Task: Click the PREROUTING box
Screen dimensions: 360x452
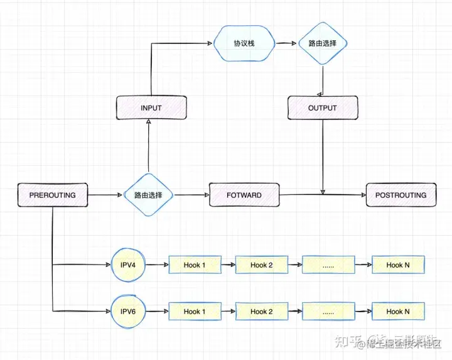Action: [52, 195]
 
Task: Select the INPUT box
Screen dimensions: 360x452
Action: [151, 107]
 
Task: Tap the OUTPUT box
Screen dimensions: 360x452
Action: [323, 107]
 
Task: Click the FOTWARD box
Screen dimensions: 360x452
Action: [244, 195]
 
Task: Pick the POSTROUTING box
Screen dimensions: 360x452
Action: [401, 195]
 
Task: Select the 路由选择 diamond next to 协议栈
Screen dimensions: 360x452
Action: [323, 43]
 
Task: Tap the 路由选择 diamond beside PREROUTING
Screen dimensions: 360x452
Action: [148, 195]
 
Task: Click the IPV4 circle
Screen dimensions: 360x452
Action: [128, 265]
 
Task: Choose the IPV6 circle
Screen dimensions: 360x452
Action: [128, 311]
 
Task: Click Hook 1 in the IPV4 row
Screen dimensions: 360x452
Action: [195, 265]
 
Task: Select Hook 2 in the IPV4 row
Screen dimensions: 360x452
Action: [262, 265]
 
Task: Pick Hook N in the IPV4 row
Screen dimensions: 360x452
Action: [398, 265]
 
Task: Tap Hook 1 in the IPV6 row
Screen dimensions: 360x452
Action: [195, 311]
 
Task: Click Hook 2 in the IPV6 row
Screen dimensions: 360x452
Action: [262, 311]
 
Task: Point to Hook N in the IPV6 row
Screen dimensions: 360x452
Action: [398, 311]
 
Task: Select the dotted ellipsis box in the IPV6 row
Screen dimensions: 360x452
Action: [328, 311]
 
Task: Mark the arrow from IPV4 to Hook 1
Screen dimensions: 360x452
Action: [157, 265]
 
